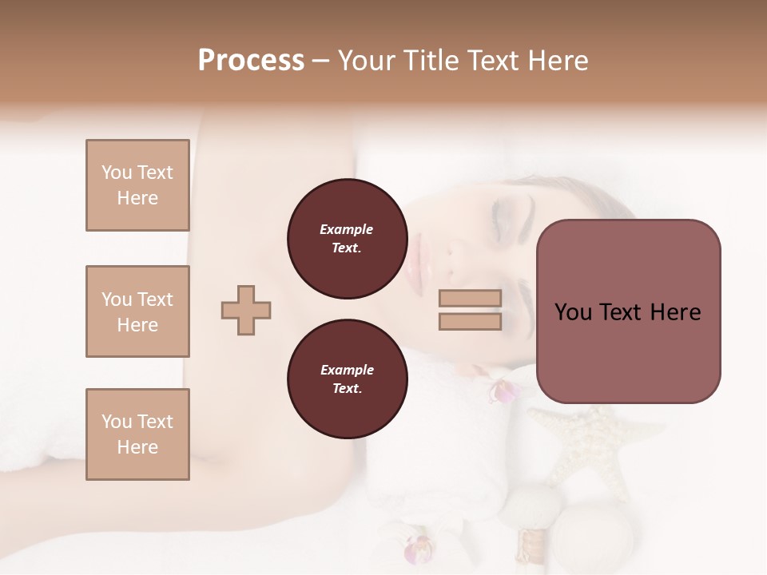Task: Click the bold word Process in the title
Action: [x=251, y=61]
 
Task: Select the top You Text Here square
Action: [x=137, y=185]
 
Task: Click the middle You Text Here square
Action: [x=137, y=311]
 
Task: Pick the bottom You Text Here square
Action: [x=137, y=434]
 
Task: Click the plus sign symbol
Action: [x=246, y=310]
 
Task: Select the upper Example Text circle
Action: [x=347, y=239]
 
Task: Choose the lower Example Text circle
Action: [x=347, y=379]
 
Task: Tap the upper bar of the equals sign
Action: [x=470, y=299]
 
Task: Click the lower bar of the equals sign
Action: [x=470, y=322]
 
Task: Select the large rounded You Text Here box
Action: [x=628, y=311]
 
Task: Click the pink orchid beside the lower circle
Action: [x=503, y=391]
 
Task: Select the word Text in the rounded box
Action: [x=626, y=312]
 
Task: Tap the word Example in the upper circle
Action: [x=347, y=229]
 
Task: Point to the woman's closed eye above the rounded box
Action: [x=507, y=212]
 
